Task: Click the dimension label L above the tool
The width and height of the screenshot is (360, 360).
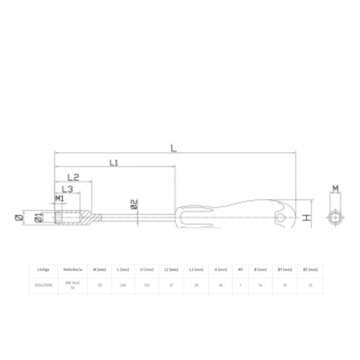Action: [174, 148]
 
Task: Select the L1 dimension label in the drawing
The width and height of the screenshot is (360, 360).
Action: [114, 163]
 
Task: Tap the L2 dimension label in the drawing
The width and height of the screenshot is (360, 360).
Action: [74, 178]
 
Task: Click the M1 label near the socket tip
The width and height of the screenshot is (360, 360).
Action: [60, 198]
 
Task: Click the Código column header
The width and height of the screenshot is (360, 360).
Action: [44, 270]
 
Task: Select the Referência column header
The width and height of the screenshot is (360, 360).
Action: [73, 270]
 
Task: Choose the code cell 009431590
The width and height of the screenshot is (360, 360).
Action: [44, 286]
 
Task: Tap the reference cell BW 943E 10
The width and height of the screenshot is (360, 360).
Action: [73, 286]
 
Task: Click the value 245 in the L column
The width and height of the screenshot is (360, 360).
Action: [124, 286]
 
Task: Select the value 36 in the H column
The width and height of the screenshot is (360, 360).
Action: [219, 286]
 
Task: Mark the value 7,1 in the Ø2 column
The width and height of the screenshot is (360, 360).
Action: [311, 286]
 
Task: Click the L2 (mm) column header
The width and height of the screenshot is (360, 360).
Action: [172, 270]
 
